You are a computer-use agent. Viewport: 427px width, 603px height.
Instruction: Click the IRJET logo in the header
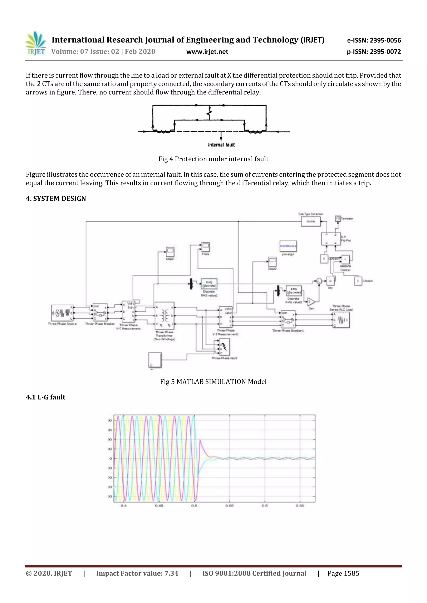click(36, 44)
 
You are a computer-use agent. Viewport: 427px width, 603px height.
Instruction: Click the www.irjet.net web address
click(207, 52)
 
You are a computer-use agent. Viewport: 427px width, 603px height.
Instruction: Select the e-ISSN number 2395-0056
click(374, 40)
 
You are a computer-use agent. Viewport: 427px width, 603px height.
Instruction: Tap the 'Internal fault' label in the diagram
click(221, 145)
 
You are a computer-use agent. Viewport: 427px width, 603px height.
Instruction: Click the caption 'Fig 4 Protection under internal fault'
click(213, 159)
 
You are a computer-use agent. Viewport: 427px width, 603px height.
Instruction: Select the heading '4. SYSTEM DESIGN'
click(56, 198)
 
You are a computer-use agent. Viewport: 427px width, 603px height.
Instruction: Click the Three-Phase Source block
click(62, 313)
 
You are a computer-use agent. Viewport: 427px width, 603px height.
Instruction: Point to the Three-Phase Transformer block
click(165, 315)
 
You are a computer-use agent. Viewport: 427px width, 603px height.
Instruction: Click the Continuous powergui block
click(288, 246)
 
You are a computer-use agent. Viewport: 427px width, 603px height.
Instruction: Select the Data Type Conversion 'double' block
click(310, 221)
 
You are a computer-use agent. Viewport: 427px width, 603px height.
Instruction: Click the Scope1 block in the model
click(170, 252)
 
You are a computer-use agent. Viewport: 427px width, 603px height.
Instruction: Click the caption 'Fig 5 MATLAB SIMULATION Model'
click(213, 382)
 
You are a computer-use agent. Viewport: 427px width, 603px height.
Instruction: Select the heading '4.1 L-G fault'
click(45, 397)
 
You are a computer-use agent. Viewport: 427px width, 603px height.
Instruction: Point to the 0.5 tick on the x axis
click(194, 506)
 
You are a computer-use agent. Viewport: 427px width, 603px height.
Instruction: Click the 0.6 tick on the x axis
click(265, 506)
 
